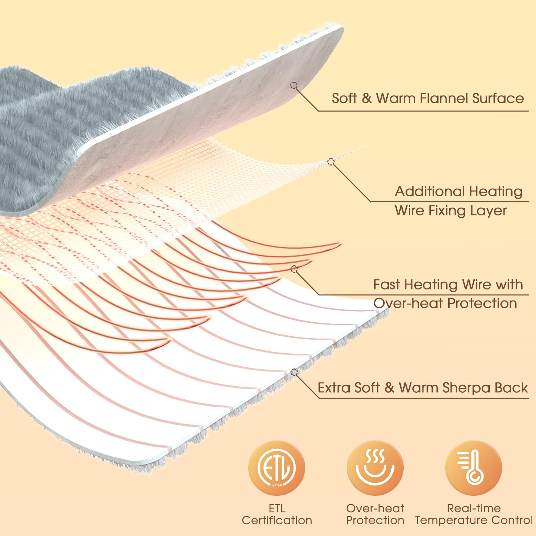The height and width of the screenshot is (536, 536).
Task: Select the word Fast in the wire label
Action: click(387, 285)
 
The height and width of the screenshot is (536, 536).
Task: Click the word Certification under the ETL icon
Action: click(277, 520)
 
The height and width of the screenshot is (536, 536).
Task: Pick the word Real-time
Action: click(474, 508)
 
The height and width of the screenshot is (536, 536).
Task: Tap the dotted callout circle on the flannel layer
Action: click(294, 85)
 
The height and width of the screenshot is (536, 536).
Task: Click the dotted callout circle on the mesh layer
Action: click(331, 162)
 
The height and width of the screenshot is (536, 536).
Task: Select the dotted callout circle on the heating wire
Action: click(294, 269)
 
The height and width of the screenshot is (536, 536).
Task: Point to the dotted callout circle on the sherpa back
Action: click(294, 372)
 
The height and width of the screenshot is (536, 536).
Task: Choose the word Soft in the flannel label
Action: click(344, 98)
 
